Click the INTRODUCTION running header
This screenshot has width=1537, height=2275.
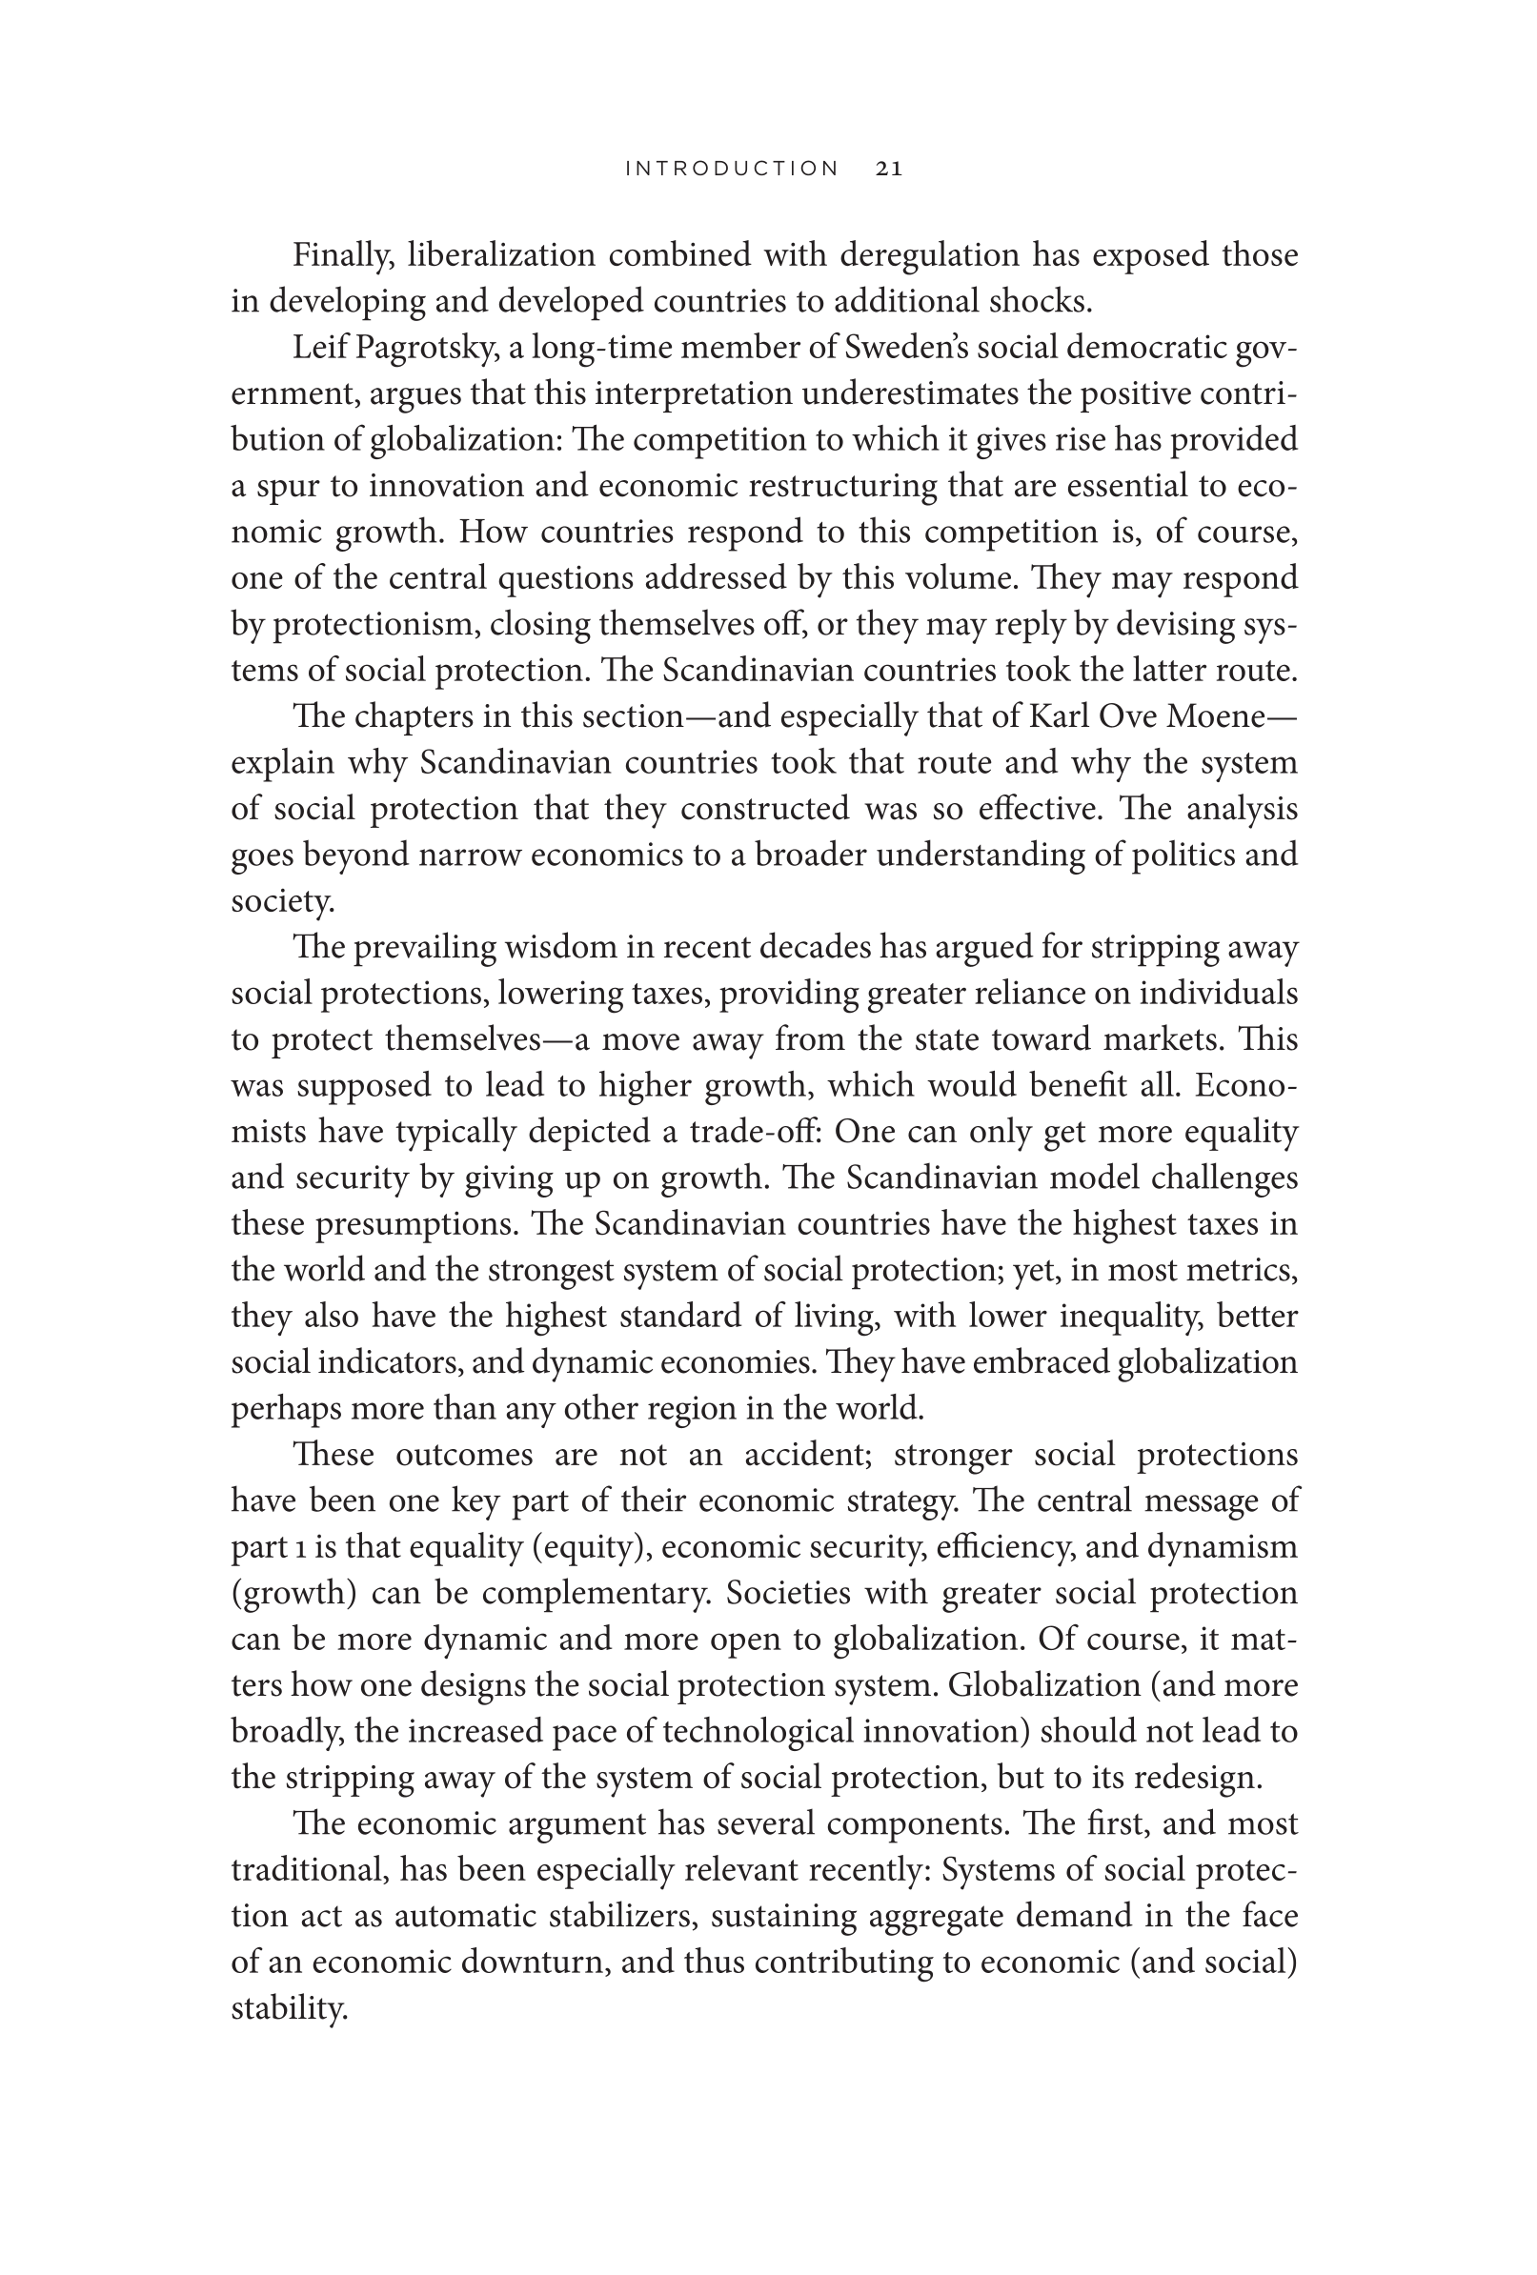(731, 169)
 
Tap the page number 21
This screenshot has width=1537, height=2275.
(889, 169)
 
